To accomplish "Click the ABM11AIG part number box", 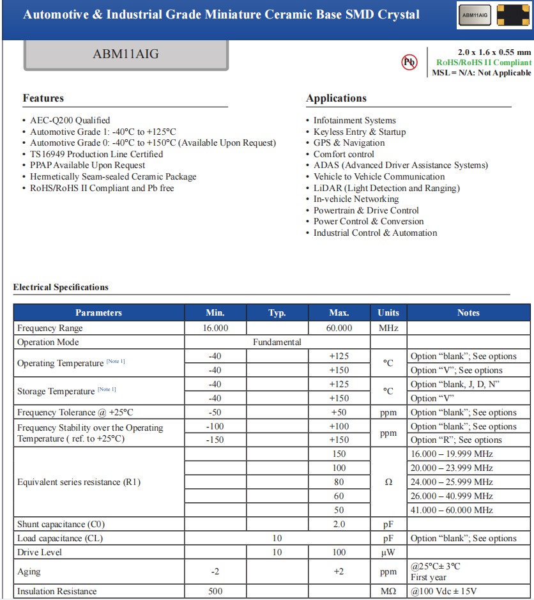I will [126, 55].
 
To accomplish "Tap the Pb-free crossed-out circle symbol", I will [409, 62].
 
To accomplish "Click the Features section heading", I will [43, 98].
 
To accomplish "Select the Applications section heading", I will [336, 98].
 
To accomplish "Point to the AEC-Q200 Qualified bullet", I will [70, 120].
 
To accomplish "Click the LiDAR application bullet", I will [386, 188].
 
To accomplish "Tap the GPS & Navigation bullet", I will [349, 142].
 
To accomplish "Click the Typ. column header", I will [277, 312].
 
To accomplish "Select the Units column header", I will [388, 312].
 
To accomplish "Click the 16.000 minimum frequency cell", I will [215, 328].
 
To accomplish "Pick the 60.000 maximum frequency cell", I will [339, 328].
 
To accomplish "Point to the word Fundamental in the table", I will [277, 342].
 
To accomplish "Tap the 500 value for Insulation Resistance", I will [215, 591].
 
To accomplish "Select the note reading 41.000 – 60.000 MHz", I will [452, 510].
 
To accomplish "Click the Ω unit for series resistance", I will [388, 482].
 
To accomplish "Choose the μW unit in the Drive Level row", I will [388, 552].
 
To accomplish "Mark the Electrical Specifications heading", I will [61, 288].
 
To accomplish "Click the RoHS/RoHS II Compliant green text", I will [484, 63].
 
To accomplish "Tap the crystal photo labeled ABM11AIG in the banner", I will [475, 15].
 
